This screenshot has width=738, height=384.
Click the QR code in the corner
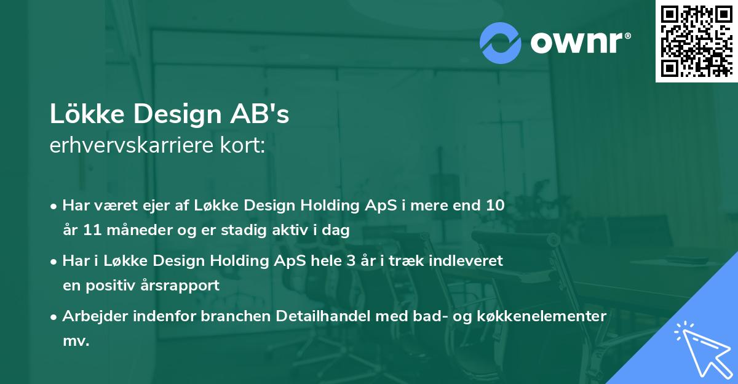[696, 41]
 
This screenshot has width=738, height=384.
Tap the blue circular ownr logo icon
[501, 43]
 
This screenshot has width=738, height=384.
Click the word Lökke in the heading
[86, 115]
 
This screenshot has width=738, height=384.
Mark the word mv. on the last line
[76, 341]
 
